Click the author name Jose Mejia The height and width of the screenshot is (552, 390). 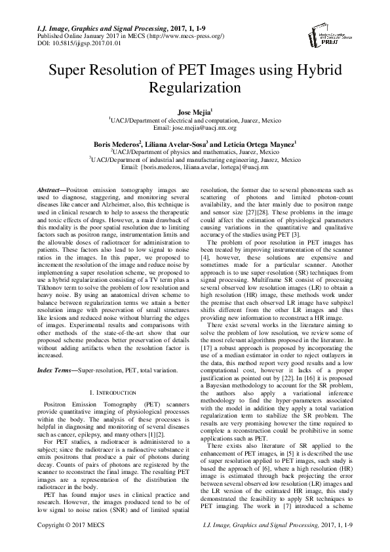(193, 113)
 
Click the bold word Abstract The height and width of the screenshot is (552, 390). (52, 188)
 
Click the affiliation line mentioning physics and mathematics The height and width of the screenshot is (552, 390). (195, 151)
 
